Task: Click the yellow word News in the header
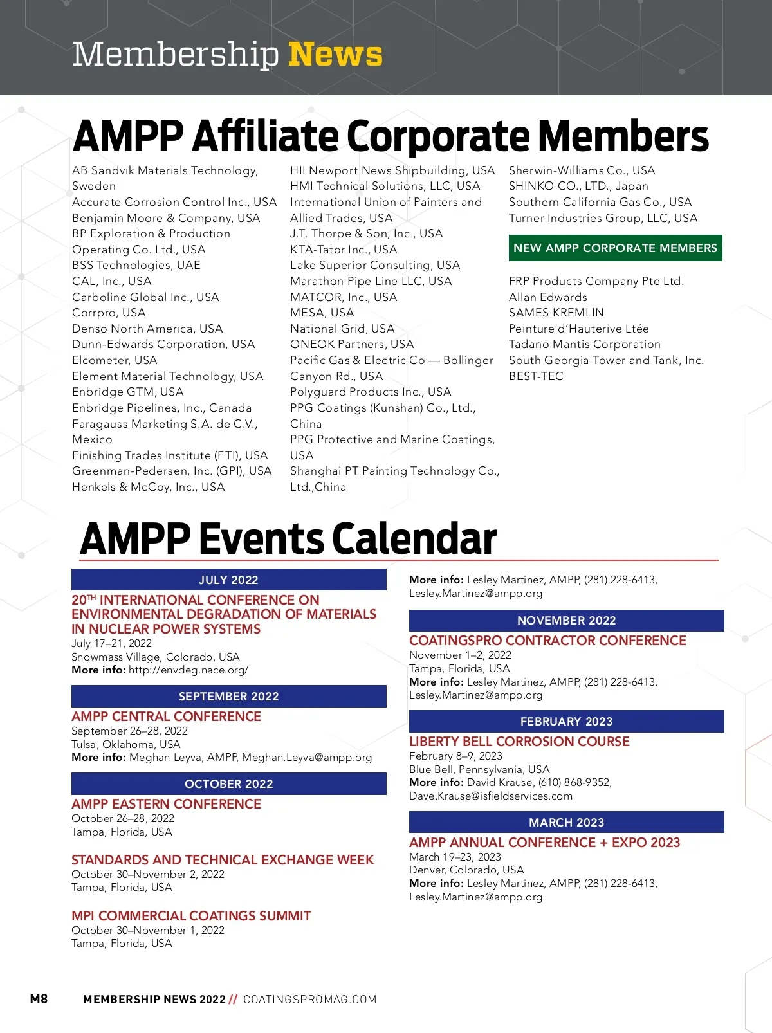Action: tap(335, 54)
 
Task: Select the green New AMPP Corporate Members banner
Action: tap(615, 248)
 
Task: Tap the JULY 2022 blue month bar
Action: tap(228, 580)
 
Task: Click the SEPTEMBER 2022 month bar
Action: tap(228, 697)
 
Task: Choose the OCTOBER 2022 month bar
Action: tap(228, 784)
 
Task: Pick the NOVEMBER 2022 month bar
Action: tap(566, 621)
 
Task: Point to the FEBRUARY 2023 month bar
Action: tap(566, 722)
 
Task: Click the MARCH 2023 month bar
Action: tap(566, 823)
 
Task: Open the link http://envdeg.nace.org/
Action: tap(188, 670)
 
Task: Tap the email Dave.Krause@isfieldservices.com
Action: tap(491, 796)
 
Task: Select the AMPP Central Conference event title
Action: tap(166, 717)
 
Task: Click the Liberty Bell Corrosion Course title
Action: tap(519, 742)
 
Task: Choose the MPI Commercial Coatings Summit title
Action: tap(191, 916)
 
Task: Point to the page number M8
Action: tap(39, 999)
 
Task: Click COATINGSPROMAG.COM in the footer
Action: tap(309, 1000)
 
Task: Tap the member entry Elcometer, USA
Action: tap(115, 360)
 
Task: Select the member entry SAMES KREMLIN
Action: tap(556, 313)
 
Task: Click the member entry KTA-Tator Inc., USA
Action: tap(344, 250)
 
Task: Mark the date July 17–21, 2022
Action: tap(111, 643)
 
